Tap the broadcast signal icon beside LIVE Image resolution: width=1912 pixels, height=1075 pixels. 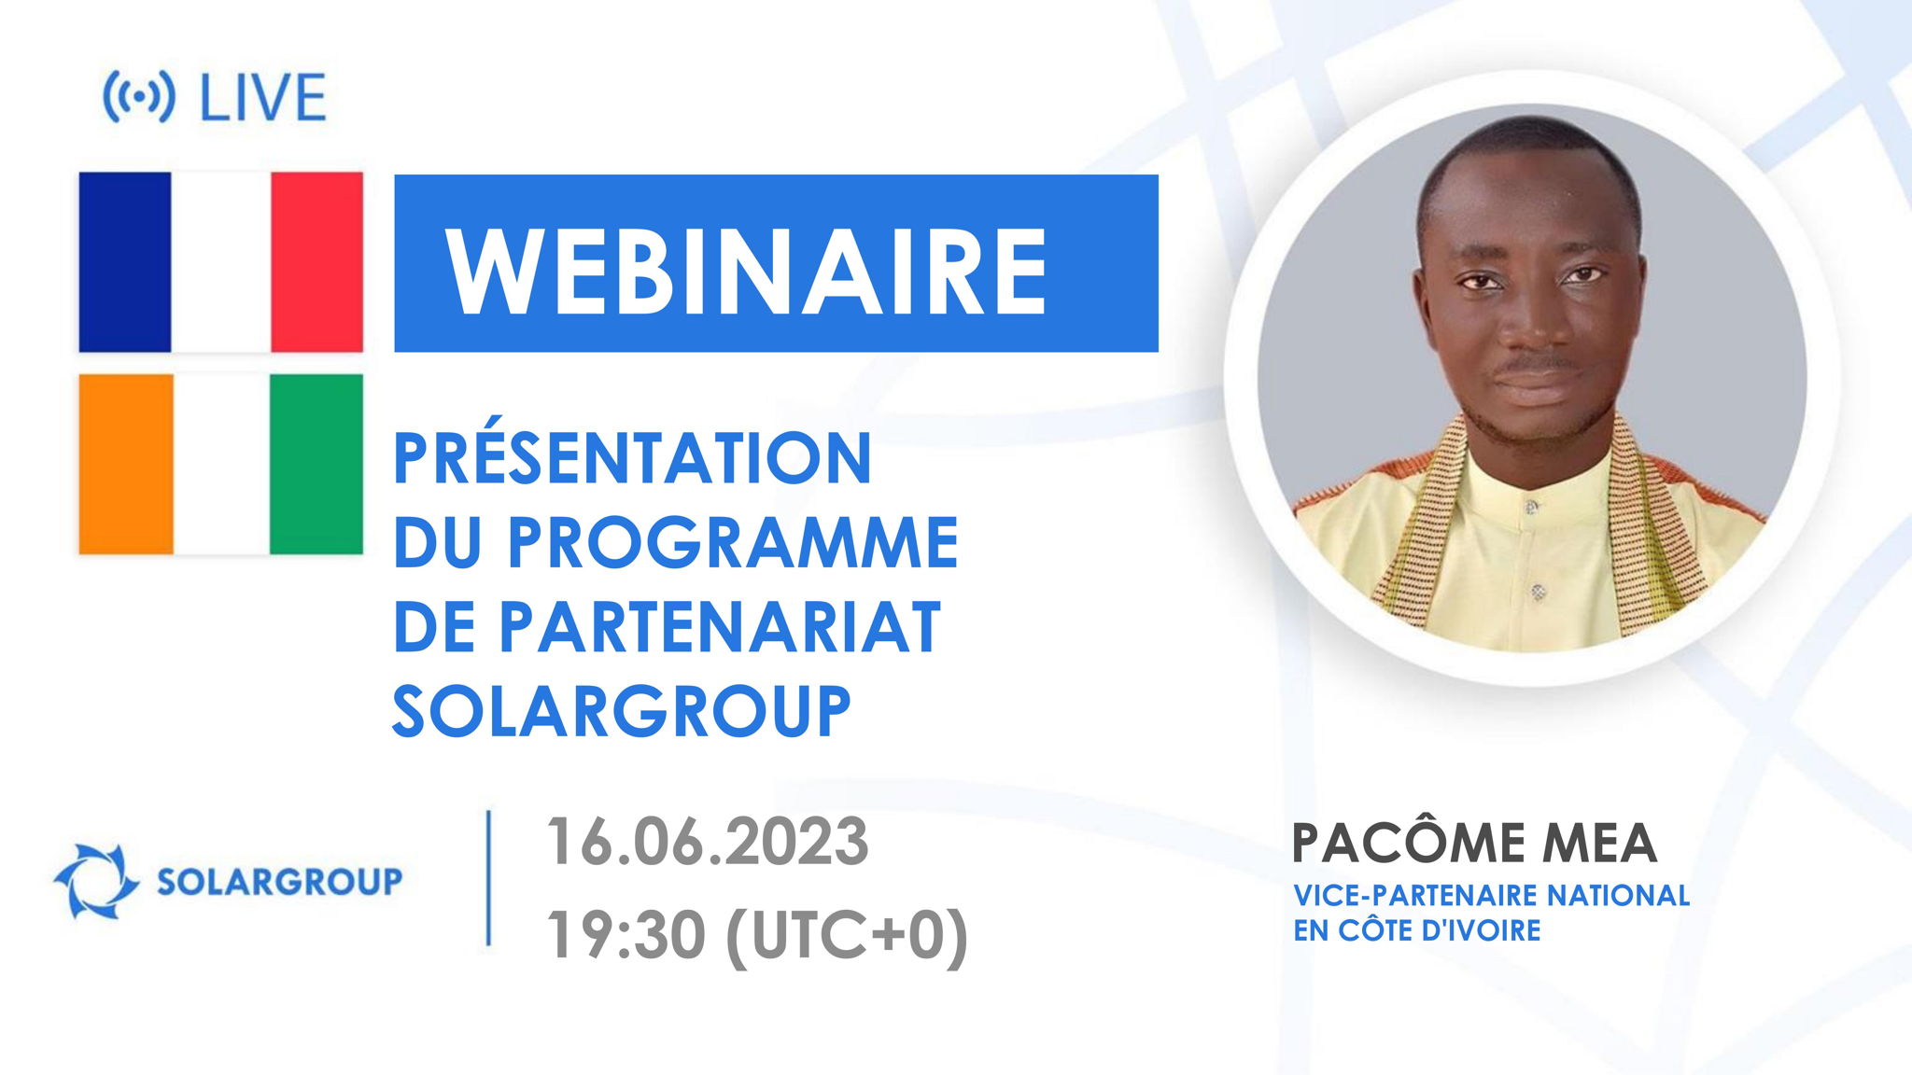click(138, 97)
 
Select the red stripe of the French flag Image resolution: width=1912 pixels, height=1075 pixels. click(317, 261)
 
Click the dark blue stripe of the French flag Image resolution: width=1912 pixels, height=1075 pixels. click(124, 261)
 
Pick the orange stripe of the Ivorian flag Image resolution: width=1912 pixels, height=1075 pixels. click(125, 464)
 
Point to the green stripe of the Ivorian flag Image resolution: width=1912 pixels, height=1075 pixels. click(316, 464)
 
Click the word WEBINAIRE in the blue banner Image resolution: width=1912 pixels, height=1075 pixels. click(747, 272)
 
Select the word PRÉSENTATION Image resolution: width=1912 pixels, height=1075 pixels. click(632, 459)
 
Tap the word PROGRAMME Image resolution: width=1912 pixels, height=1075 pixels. click(733, 543)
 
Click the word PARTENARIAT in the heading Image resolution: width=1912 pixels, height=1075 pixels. click(719, 627)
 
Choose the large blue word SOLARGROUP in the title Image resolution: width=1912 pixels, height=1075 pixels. click(621, 712)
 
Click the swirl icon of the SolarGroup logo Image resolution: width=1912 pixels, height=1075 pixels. click(95, 881)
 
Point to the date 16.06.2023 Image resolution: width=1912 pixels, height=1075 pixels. click(707, 842)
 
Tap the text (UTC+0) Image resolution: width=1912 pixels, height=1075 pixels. click(847, 935)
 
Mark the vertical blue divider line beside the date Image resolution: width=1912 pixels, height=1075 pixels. click(488, 878)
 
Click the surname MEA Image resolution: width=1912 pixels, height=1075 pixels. click(1598, 844)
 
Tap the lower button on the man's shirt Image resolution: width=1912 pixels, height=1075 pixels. click(1538, 592)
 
